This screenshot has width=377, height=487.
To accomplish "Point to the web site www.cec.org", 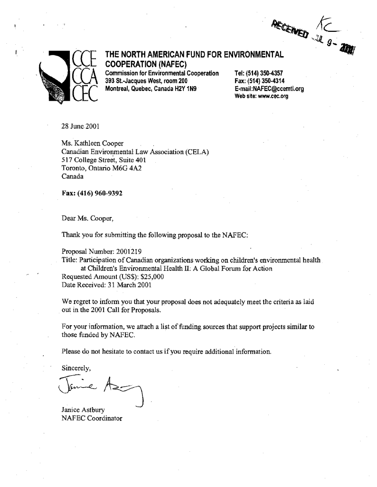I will coord(273,96).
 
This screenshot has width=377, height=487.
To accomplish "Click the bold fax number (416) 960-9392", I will coord(102,194).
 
